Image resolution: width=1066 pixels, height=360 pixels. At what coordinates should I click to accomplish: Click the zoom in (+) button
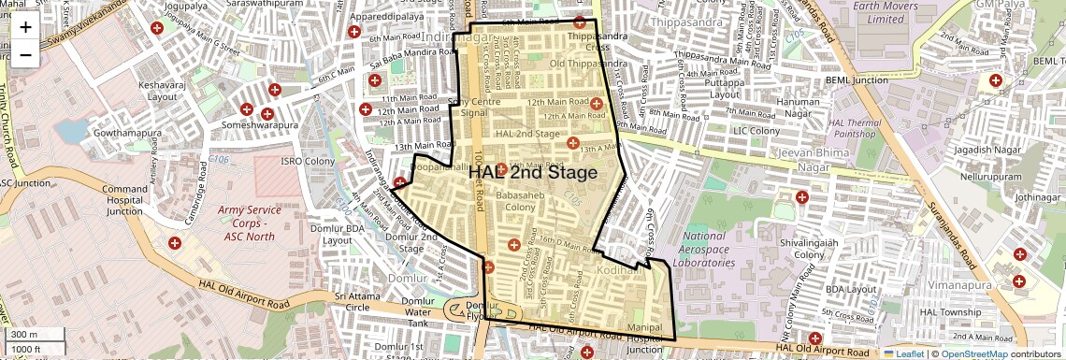click(25, 27)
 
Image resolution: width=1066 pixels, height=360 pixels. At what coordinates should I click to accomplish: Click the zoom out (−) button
click(25, 54)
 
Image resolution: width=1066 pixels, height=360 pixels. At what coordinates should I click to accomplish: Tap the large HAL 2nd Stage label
click(532, 173)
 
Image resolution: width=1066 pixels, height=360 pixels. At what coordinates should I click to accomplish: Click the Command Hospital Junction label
click(125, 200)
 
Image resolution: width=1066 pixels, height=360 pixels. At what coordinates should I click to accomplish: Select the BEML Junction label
click(856, 80)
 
